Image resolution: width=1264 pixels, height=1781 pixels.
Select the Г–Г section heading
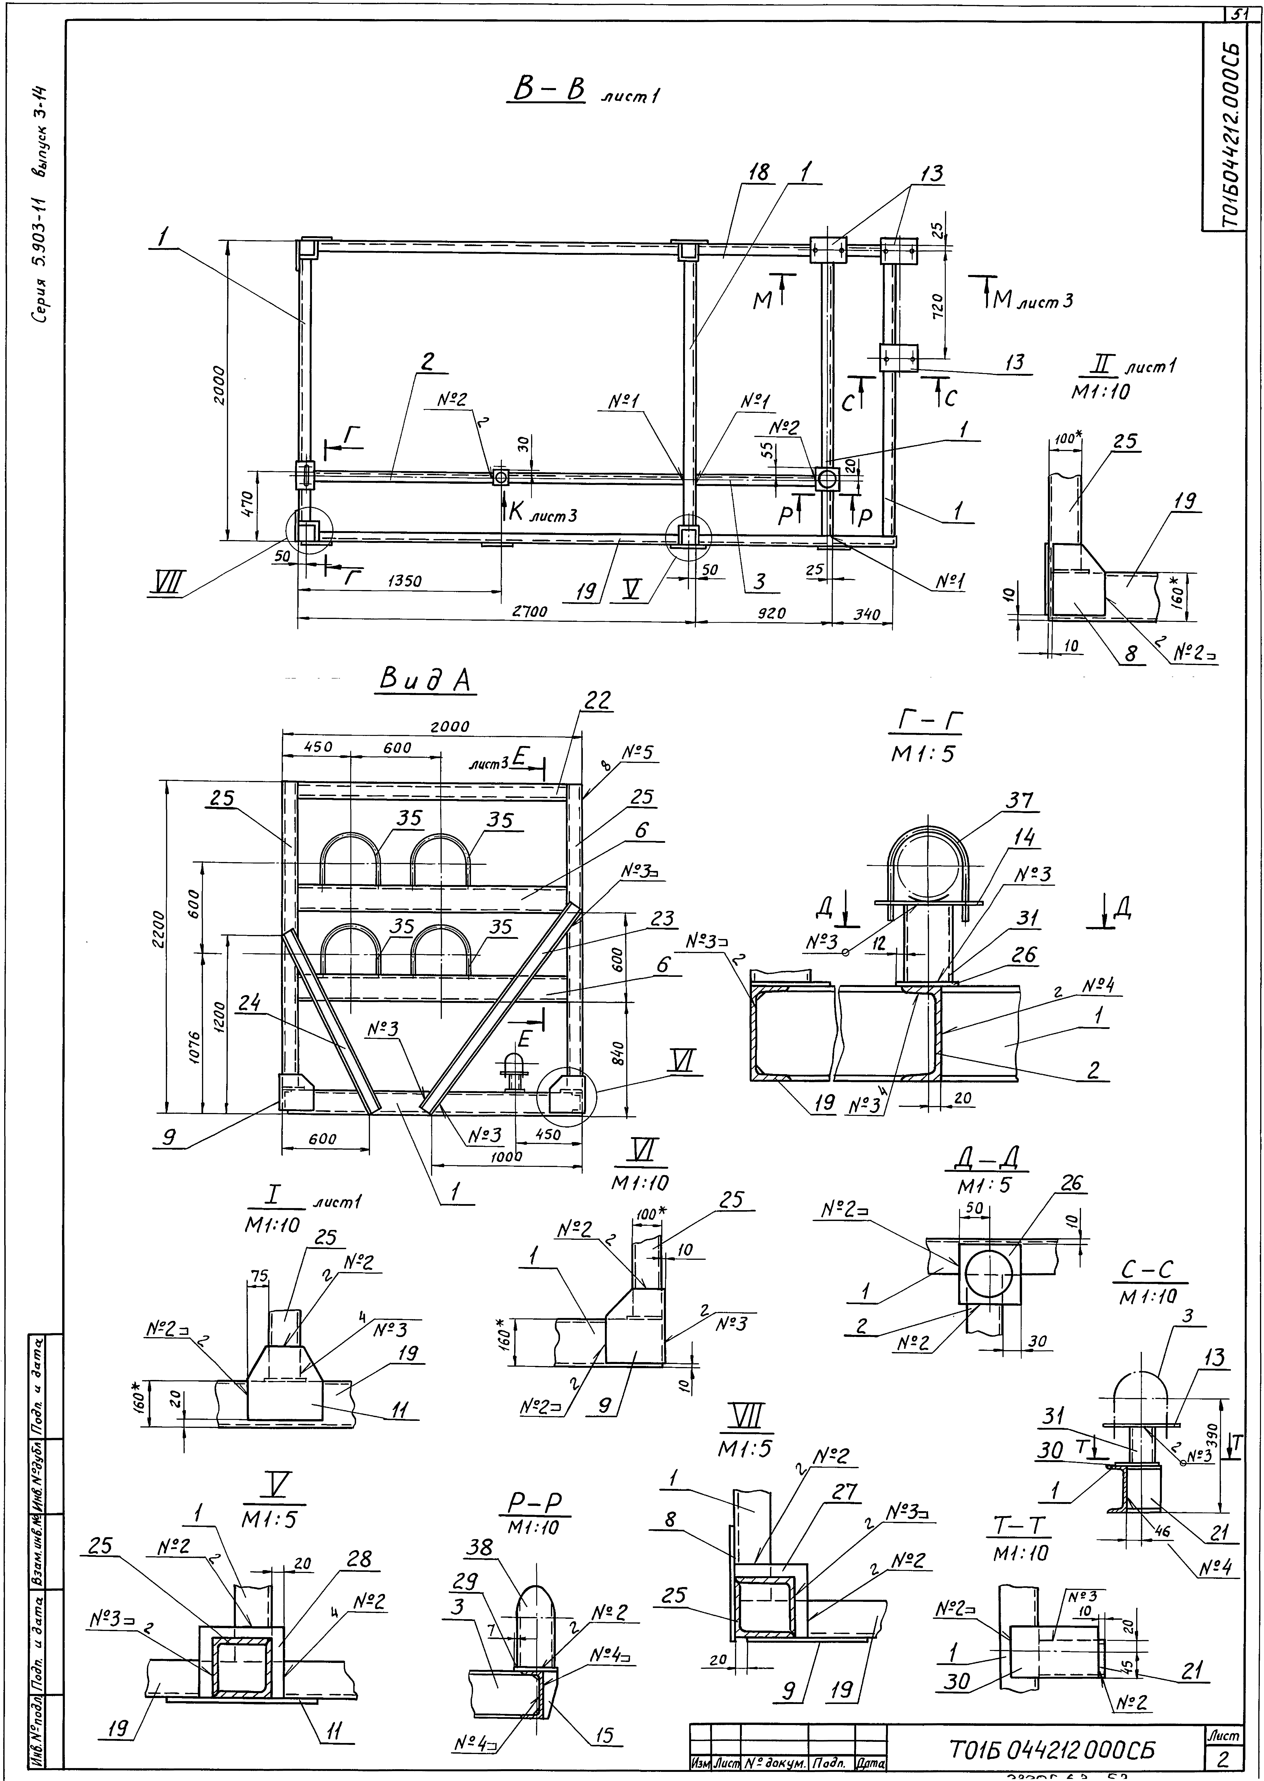tap(925, 724)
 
